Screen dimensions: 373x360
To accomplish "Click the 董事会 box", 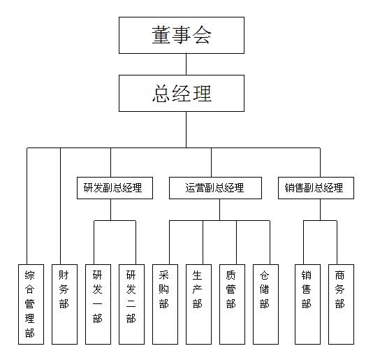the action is point(182,35).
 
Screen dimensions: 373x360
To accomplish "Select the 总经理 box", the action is point(182,94).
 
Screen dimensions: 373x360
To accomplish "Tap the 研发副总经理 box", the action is point(115,188).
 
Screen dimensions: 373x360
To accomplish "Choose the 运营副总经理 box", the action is point(215,188).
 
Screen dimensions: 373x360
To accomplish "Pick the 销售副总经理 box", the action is point(316,188).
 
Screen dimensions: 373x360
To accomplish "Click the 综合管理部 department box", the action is point(31,304).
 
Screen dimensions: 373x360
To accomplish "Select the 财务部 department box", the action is point(64,304).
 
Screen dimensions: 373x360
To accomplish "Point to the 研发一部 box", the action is point(98,304).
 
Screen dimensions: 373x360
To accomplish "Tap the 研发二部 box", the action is point(131,304).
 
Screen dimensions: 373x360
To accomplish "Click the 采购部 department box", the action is point(165,304).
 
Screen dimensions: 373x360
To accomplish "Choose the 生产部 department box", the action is point(198,304).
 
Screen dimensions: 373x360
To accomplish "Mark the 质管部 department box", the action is point(232,304).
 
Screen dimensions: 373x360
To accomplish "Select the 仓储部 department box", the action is point(265,304).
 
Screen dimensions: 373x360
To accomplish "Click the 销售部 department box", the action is point(307,304).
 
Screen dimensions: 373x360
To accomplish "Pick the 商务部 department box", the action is point(341,304).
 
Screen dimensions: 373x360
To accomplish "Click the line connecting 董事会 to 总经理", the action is point(186,64).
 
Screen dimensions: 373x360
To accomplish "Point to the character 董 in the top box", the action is point(161,35).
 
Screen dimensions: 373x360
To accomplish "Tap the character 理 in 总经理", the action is point(202,94).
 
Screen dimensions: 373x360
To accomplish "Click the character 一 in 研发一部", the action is point(98,304).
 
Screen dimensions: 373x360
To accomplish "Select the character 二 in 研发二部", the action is point(131,304).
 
